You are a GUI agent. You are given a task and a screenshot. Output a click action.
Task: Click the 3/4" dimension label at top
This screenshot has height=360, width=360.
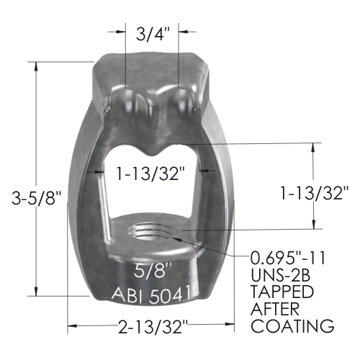153,34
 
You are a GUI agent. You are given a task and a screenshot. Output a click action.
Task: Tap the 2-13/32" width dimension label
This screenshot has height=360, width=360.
153,327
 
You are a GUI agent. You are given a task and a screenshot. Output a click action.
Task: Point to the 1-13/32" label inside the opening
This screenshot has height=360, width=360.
150,173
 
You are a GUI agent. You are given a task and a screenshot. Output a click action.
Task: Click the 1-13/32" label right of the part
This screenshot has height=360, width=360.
315,193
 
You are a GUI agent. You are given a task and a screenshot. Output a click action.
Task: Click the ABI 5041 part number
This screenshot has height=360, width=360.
152,294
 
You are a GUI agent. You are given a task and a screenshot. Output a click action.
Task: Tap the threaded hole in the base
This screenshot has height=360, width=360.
151,231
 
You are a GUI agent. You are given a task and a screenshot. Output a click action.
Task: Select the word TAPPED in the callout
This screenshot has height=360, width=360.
282,292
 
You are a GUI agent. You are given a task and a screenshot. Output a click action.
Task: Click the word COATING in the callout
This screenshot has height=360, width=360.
292,325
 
